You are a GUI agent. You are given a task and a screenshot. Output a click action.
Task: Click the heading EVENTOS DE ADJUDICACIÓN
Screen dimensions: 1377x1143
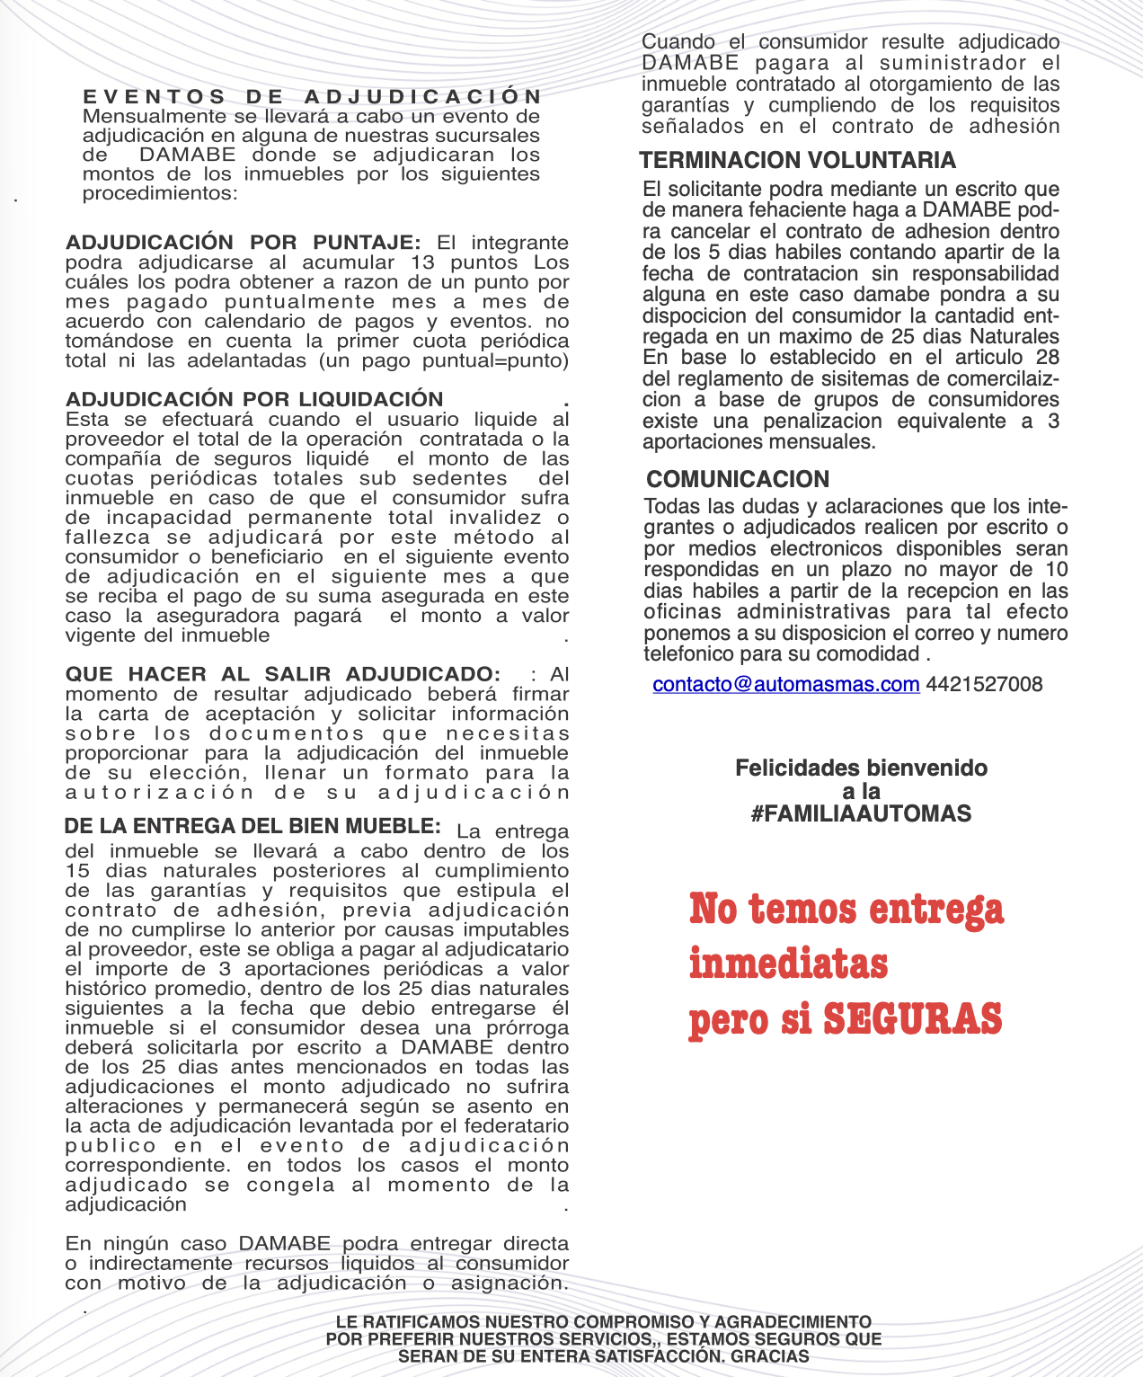[x=313, y=96]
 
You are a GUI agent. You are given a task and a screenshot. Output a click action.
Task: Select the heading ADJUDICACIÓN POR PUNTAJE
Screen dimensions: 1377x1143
[x=243, y=243]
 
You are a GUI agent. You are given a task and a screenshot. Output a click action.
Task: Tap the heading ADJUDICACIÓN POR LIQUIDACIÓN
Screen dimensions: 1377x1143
[x=254, y=399]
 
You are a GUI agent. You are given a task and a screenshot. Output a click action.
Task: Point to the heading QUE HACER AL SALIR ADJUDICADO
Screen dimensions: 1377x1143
[x=282, y=674]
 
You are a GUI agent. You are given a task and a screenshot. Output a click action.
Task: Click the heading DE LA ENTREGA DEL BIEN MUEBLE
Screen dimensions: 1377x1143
[x=253, y=826]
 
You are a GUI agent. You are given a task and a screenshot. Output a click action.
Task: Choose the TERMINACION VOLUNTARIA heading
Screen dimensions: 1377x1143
[x=797, y=160]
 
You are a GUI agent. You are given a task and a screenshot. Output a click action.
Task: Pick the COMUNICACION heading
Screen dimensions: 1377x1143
[x=738, y=479]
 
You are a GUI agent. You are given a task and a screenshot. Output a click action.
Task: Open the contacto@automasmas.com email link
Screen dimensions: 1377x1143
[x=786, y=684]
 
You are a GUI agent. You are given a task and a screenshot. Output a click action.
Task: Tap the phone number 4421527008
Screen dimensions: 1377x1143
[x=984, y=684]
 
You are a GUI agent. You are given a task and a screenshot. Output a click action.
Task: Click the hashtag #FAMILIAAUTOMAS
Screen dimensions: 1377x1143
[x=861, y=814]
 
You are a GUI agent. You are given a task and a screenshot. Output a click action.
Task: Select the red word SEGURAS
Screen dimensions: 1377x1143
[x=912, y=1018]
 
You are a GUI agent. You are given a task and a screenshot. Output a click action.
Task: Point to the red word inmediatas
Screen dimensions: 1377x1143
[x=788, y=964]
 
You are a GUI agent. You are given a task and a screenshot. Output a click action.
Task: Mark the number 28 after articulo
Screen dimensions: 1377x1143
[x=1047, y=358]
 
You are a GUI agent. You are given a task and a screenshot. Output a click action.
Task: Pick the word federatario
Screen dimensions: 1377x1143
[x=521, y=1126]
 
